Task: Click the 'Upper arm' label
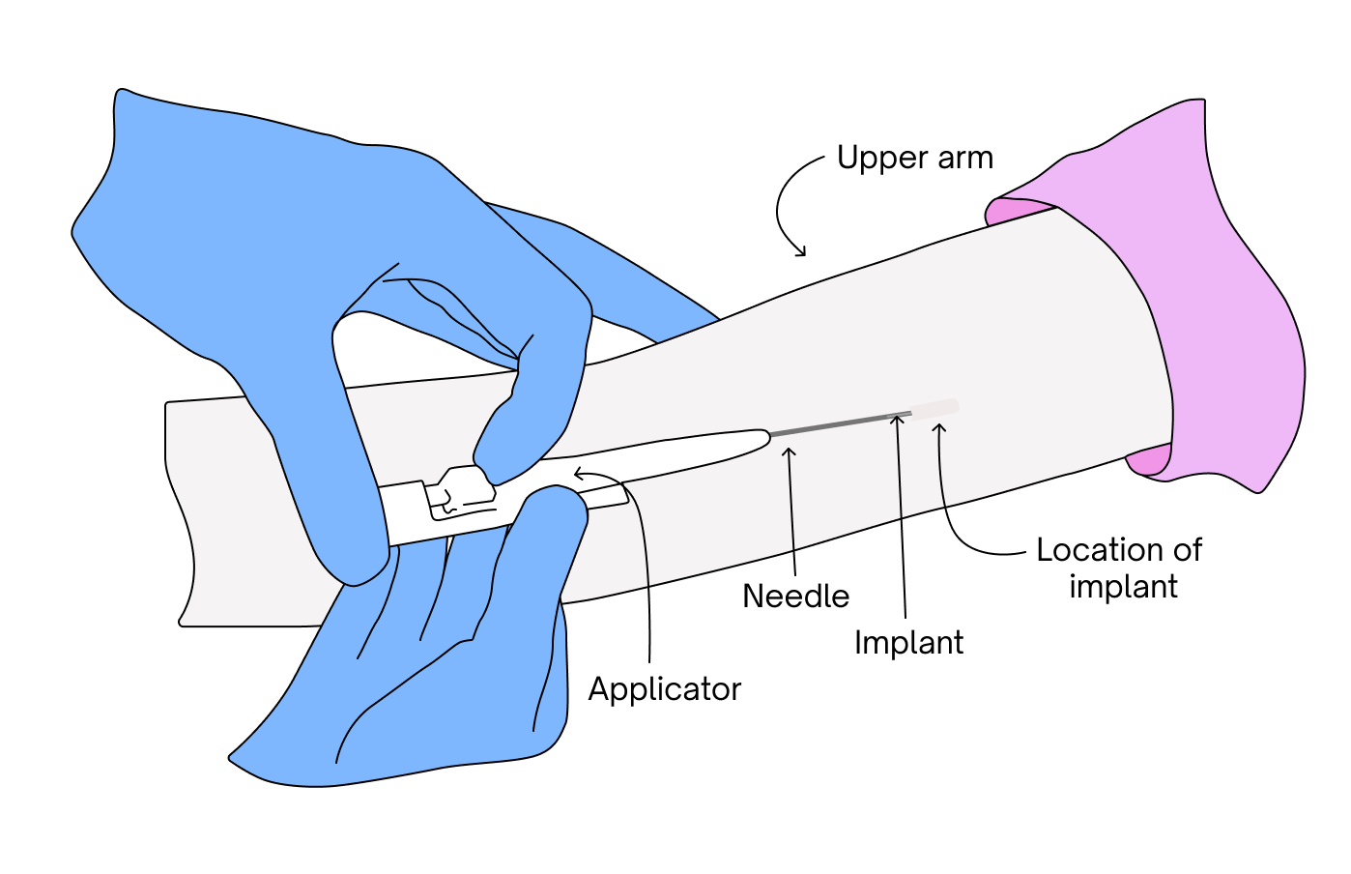[x=914, y=158]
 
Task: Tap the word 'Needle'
[x=795, y=596]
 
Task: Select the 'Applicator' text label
[x=664, y=689]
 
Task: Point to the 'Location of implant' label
[x=1120, y=568]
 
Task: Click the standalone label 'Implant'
[x=908, y=643]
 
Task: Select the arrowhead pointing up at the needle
[x=790, y=452]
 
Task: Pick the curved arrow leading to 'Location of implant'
[x=957, y=512]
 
